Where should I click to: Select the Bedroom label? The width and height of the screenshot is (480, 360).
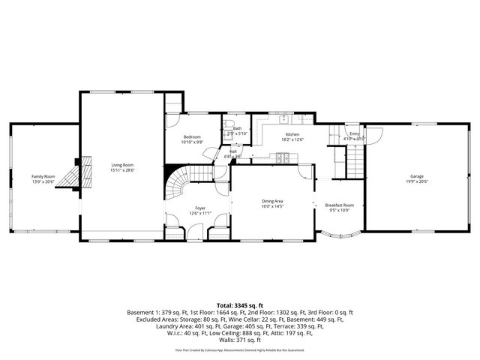[x=193, y=137]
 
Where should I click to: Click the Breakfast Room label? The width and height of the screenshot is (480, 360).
[x=339, y=205]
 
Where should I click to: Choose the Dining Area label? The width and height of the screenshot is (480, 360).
[x=272, y=201]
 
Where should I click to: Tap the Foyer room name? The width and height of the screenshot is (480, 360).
[x=200, y=208]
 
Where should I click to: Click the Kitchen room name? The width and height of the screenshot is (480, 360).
[x=292, y=134]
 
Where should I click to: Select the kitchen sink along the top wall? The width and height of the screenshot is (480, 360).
[x=284, y=118]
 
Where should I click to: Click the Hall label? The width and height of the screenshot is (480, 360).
[x=233, y=151]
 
